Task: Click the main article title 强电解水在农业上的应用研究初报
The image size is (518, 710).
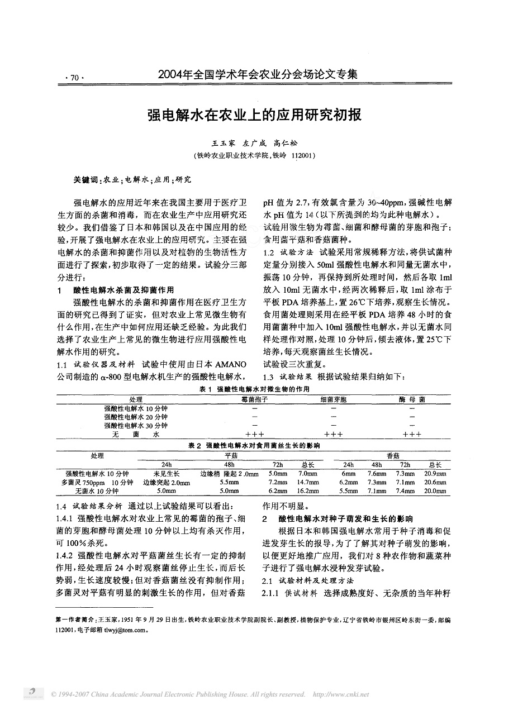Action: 254,115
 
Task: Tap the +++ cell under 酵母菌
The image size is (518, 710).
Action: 412,434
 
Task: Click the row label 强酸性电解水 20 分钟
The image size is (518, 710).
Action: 136,417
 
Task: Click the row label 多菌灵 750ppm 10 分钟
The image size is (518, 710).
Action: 99,482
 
